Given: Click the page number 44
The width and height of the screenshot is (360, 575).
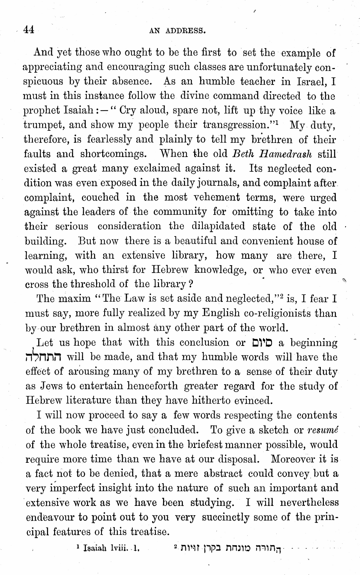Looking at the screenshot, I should click(29, 30).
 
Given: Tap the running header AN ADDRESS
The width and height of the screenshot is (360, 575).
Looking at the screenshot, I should click(178, 31).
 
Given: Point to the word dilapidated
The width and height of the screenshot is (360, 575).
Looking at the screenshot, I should click(218, 226).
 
